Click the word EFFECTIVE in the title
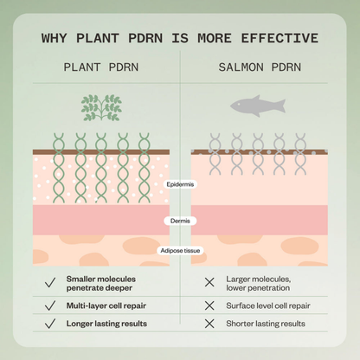[280, 38]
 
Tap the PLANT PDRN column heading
[101, 67]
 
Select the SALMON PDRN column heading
[260, 67]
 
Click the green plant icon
[101, 107]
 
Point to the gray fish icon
[258, 106]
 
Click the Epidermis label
[180, 184]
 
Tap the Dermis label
[180, 221]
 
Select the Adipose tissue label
[180, 250]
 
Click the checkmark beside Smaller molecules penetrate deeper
[50, 283]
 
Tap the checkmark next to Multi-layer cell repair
[50, 305]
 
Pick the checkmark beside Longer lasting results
[50, 324]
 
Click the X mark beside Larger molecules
[209, 282]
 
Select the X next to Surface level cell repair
[209, 305]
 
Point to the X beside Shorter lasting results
[209, 324]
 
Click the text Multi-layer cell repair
[106, 305]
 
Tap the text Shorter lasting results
[266, 324]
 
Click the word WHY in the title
[54, 38]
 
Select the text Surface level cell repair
[268, 305]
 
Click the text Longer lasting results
[106, 324]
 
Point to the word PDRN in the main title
[145, 38]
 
